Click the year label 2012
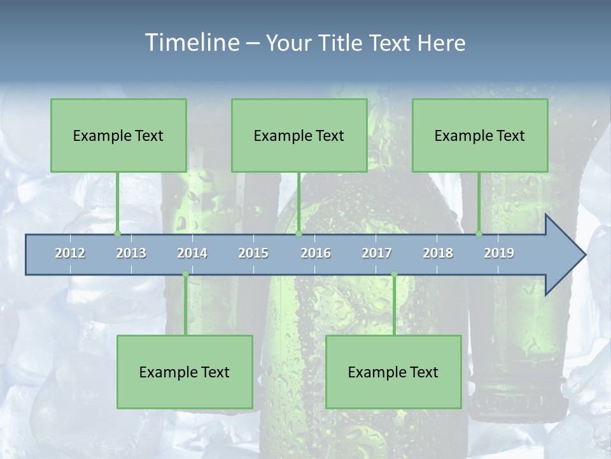(x=70, y=253)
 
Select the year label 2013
(x=131, y=253)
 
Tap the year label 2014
(x=192, y=253)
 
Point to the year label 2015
(x=253, y=253)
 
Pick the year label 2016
(x=316, y=253)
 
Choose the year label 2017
(x=377, y=253)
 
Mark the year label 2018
(x=438, y=253)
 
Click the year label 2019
(x=499, y=253)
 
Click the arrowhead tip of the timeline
(x=584, y=255)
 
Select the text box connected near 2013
(x=118, y=135)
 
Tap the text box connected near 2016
(x=299, y=135)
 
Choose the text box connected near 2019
(x=480, y=135)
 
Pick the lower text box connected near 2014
(x=185, y=372)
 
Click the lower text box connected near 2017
(x=393, y=372)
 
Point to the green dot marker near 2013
(x=117, y=234)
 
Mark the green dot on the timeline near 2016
(x=298, y=234)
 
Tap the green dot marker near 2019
(x=479, y=234)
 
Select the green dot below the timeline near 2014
(x=185, y=274)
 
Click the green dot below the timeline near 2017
(x=394, y=274)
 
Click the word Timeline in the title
(x=190, y=42)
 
